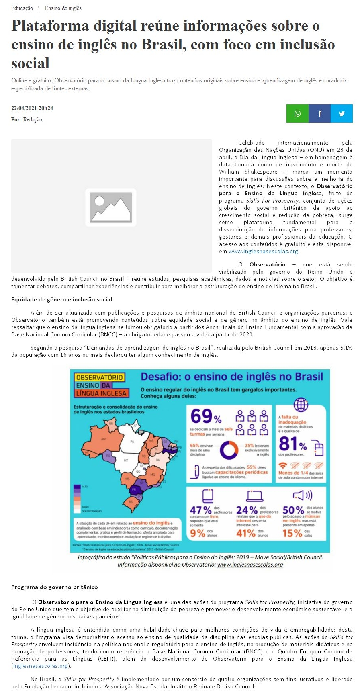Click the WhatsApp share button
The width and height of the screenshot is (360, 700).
point(297,113)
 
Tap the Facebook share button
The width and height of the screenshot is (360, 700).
point(319,113)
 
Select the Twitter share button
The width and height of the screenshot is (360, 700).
point(342,113)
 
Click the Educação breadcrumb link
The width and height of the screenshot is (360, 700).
point(22,8)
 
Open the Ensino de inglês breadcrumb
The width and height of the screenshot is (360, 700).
point(63,8)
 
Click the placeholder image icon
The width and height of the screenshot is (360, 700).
point(110,207)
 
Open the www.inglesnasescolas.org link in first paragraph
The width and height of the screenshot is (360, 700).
point(263,252)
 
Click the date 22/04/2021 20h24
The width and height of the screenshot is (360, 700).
point(32,108)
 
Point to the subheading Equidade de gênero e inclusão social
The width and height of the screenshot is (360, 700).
point(61,299)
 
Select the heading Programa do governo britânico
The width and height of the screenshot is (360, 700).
point(55,587)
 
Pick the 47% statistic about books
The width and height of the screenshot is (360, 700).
point(201,510)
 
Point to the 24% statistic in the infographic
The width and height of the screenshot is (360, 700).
point(247,510)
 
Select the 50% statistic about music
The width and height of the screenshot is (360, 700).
point(293,510)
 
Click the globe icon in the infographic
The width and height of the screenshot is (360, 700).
point(301,405)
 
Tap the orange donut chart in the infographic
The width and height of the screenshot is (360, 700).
point(229,450)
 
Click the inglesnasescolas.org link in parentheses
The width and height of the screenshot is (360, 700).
point(40,666)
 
